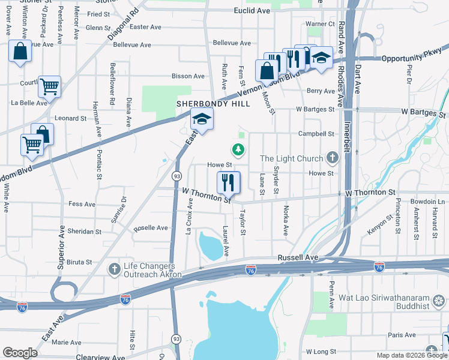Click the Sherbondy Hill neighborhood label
[x=205, y=104]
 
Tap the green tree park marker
[x=239, y=149]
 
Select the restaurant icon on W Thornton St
[x=228, y=182]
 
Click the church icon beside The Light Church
[x=333, y=158]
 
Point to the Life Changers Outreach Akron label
[x=149, y=270]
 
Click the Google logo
[x=20, y=353]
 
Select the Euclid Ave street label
[x=252, y=11]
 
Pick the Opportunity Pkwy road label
[x=411, y=58]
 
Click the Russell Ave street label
[x=297, y=257]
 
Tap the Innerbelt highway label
[x=348, y=139]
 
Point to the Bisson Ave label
[x=188, y=76]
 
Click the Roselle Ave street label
[x=151, y=228]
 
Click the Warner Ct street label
[x=320, y=24]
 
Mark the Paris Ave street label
[x=402, y=335]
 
